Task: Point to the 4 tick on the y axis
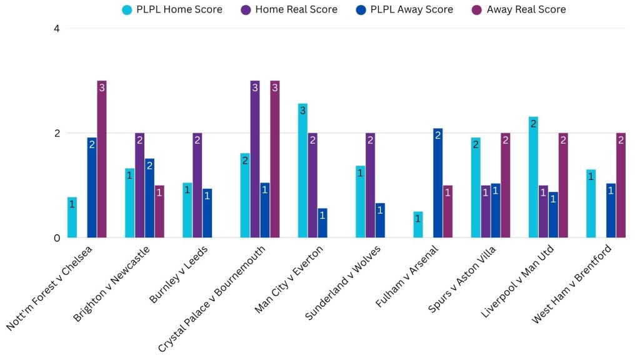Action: pos(56,29)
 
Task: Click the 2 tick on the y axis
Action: pos(56,133)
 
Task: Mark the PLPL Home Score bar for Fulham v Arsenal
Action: pos(418,224)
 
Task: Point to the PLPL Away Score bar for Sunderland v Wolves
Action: pos(380,220)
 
